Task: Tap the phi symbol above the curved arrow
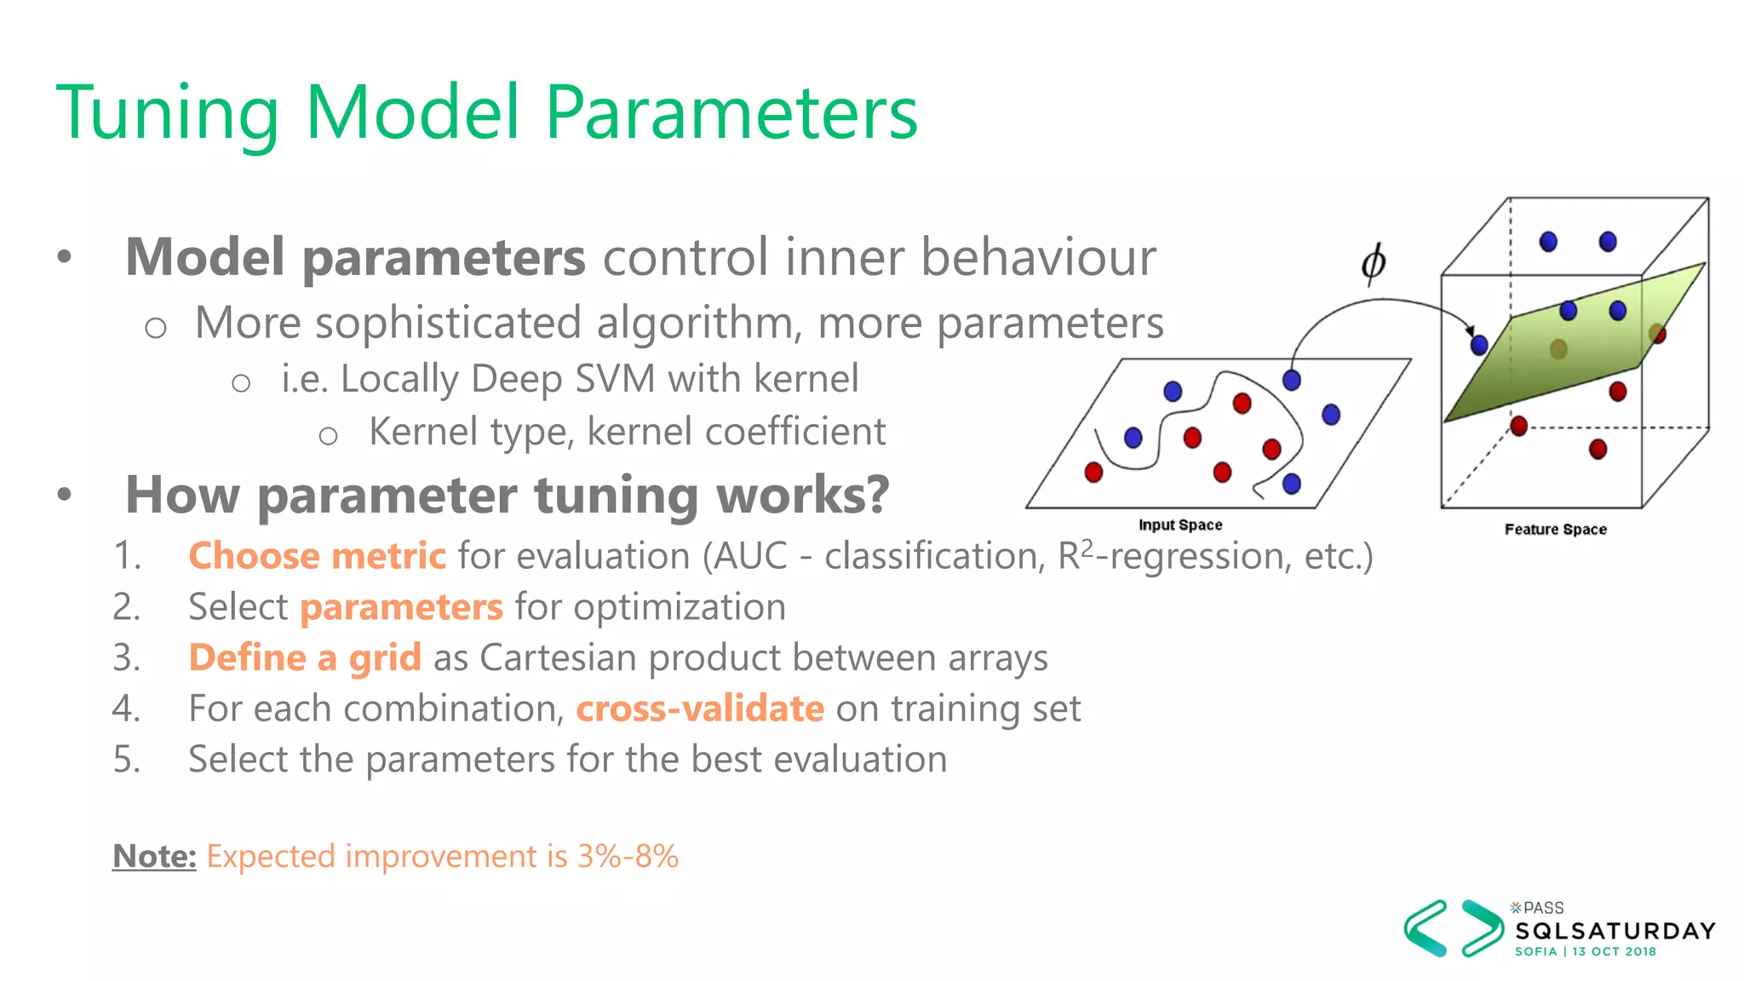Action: coord(1373,263)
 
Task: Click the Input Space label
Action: coord(1180,525)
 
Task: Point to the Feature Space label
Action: coord(1555,530)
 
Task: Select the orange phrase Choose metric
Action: coord(317,556)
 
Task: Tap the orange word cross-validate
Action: coord(700,708)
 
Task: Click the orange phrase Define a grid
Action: coord(305,658)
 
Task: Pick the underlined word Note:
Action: coord(154,856)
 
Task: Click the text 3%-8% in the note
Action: coord(628,856)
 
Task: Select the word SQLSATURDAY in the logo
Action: coord(1615,931)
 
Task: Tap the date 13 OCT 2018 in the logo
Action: coord(1614,951)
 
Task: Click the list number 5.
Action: coord(125,759)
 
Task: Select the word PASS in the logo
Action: coord(1543,908)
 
